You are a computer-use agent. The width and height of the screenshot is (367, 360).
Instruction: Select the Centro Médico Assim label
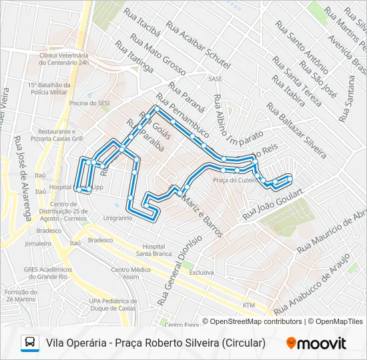pyautogui.click(x=130, y=273)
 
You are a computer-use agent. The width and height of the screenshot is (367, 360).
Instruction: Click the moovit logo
pyautogui.click(x=316, y=343)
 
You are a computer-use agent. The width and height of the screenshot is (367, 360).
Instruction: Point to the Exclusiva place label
pyautogui.click(x=201, y=273)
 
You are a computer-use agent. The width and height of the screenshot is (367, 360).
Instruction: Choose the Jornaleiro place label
pyautogui.click(x=38, y=244)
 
